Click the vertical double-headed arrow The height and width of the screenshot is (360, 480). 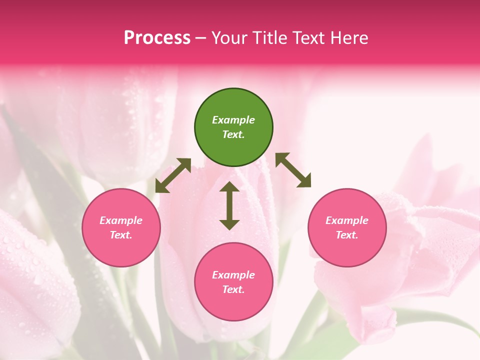click(229, 205)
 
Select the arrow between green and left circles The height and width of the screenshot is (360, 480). click(173, 175)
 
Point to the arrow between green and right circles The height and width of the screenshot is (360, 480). click(293, 170)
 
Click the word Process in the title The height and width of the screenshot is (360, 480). click(157, 38)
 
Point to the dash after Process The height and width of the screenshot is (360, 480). click(201, 38)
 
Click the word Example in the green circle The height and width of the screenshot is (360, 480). click(233, 120)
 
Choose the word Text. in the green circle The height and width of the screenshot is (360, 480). click(233, 134)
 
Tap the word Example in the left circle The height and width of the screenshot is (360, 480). click(121, 220)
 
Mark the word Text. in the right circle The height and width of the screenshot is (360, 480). click(347, 235)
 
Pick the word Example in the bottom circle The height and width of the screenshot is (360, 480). click(233, 275)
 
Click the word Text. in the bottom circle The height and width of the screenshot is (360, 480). click(233, 289)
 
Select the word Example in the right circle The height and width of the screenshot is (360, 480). click(347, 220)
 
